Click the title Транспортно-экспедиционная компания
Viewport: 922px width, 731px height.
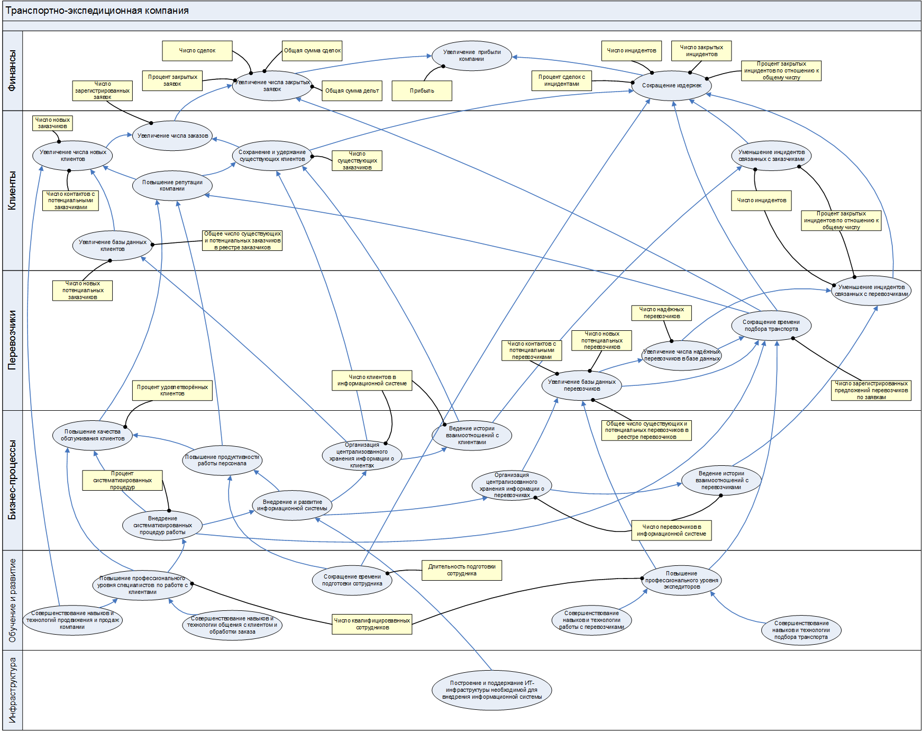tap(97, 11)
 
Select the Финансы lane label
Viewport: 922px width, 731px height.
tap(12, 70)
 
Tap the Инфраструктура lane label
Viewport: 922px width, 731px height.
tap(12, 690)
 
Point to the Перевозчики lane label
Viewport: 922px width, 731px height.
tap(12, 340)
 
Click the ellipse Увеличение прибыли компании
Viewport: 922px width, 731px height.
tap(471, 56)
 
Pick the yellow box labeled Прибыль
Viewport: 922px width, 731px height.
tap(422, 91)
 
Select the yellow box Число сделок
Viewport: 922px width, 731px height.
tap(197, 51)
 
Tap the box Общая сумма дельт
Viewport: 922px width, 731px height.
tap(352, 91)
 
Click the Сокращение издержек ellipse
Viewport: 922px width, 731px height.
tap(671, 85)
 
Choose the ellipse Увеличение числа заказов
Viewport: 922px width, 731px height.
tap(172, 136)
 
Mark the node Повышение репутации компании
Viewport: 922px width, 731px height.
tap(172, 186)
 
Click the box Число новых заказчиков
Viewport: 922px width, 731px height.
tap(52, 123)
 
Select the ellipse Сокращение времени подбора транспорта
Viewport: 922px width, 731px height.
tap(771, 326)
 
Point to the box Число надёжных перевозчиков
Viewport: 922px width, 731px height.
tap(661, 313)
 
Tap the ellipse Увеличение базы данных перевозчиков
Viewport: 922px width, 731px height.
tap(581, 385)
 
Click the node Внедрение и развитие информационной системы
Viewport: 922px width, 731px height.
tap(292, 506)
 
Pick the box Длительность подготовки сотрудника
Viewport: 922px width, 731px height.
tap(461, 570)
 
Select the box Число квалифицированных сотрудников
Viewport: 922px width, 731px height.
tap(372, 624)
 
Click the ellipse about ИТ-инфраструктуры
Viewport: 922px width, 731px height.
tap(491, 690)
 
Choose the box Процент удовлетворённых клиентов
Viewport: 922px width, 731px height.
tap(172, 390)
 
